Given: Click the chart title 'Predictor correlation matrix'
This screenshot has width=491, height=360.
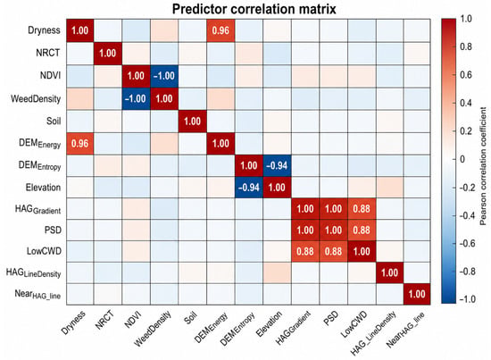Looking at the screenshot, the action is click(254, 9).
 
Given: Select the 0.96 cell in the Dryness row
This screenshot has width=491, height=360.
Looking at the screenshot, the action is click(221, 30).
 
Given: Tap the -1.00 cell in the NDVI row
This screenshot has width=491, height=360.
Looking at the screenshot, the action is click(164, 76).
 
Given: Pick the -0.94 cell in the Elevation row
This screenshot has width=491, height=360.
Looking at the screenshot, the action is click(249, 188).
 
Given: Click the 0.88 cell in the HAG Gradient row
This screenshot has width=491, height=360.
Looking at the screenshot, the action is click(362, 209).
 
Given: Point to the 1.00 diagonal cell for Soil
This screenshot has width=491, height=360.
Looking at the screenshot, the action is click(193, 121).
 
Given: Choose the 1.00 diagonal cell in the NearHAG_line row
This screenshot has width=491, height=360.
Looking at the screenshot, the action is click(417, 294).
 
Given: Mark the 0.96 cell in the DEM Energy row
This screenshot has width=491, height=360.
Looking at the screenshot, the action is click(79, 144).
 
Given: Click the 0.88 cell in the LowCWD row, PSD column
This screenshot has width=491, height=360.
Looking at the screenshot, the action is click(334, 251).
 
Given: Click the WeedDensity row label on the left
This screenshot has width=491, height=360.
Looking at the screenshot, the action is click(36, 98).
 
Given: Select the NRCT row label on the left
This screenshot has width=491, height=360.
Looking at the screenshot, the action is click(47, 53).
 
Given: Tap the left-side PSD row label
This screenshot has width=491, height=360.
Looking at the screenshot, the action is click(53, 230).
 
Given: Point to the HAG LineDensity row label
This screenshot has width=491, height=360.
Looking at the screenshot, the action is click(34, 272).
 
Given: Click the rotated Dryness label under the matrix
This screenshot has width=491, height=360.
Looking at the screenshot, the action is click(73, 322).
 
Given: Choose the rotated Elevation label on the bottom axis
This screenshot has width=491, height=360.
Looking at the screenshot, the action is click(269, 323).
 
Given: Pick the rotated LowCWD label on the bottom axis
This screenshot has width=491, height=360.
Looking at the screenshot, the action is click(354, 324).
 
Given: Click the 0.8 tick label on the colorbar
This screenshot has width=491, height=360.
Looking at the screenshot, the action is click(466, 46).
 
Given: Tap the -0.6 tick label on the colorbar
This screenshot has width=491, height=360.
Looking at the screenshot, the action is click(467, 244).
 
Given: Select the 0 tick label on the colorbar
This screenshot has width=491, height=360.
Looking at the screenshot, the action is click(462, 159).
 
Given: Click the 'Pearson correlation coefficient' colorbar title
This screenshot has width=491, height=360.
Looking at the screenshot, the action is click(483, 166).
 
